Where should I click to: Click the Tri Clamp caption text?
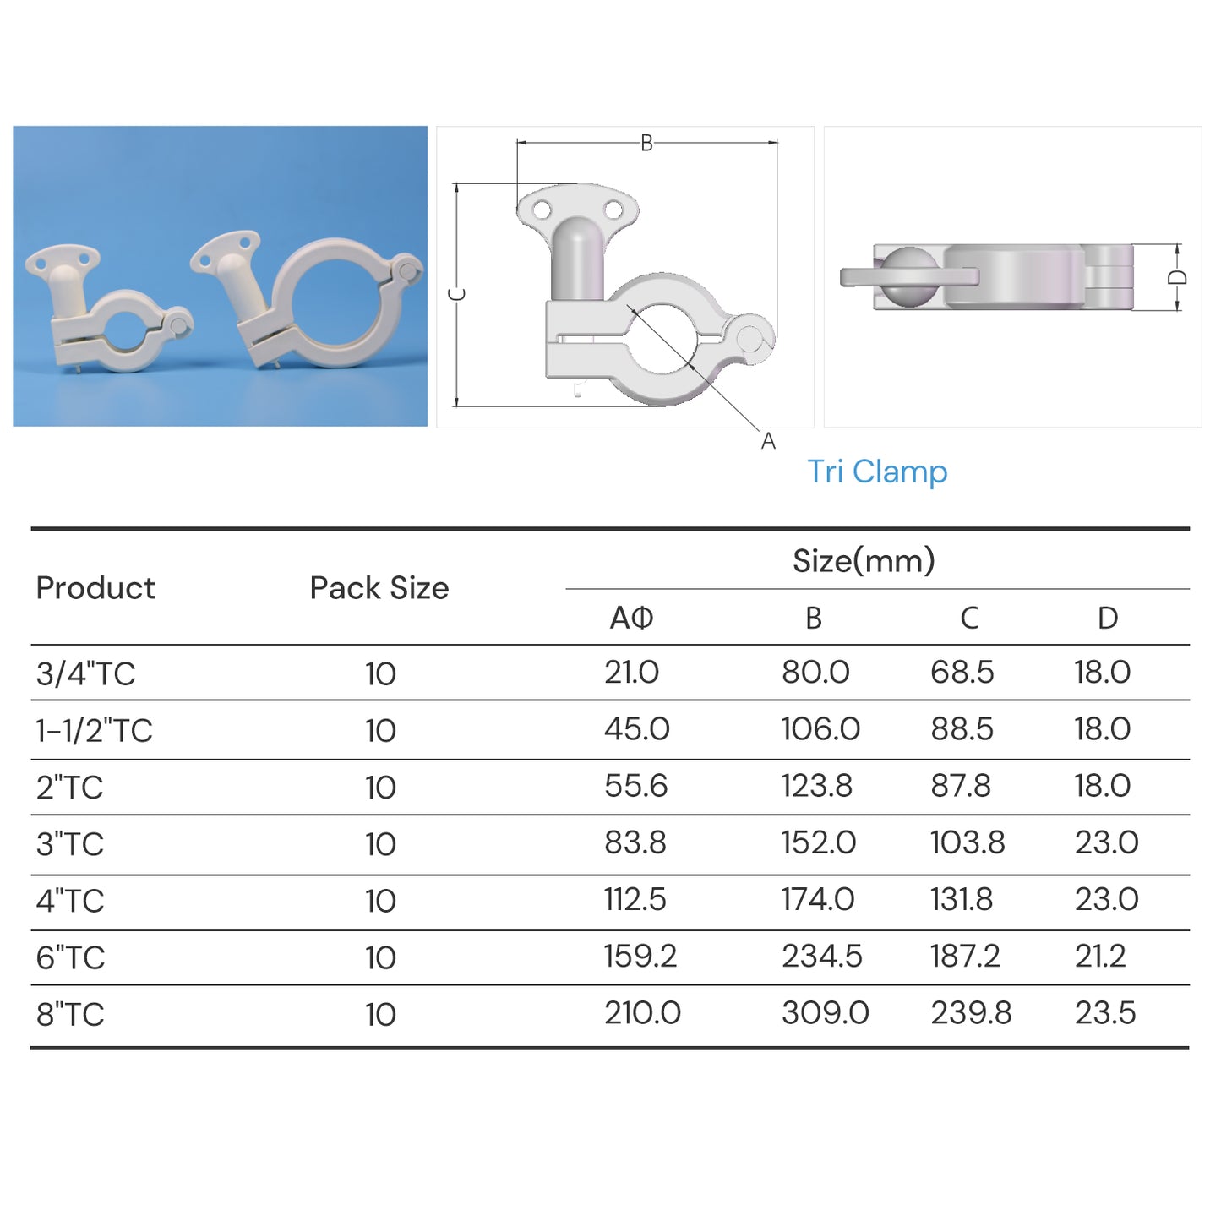pyautogui.click(x=876, y=472)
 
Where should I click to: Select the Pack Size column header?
pyautogui.click(x=379, y=587)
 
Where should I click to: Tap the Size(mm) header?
pyautogui.click(x=863, y=560)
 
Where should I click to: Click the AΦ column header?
pyautogui.click(x=631, y=618)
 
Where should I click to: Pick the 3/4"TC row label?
pyautogui.click(x=85, y=673)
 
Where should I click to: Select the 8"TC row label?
pyautogui.click(x=70, y=1014)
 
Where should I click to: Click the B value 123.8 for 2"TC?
pyautogui.click(x=816, y=786)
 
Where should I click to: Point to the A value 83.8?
pyautogui.click(x=635, y=842)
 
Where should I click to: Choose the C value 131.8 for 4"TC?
pyautogui.click(x=961, y=899)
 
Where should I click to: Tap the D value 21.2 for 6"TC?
pyautogui.click(x=1099, y=956)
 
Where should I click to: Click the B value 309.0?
pyautogui.click(x=825, y=1012)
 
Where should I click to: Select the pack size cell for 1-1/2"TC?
pyautogui.click(x=380, y=730)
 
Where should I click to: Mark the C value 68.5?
pyautogui.click(x=962, y=672)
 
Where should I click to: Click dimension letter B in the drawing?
pyautogui.click(x=646, y=143)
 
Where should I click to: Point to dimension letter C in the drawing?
pyautogui.click(x=457, y=294)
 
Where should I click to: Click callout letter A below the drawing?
pyautogui.click(x=767, y=441)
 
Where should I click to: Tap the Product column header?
pyautogui.click(x=95, y=587)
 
